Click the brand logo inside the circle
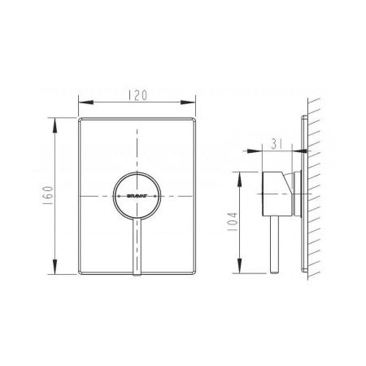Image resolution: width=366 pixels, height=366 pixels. point(136,196)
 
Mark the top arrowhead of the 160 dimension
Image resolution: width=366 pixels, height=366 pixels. point(55,121)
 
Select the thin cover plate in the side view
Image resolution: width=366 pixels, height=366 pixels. point(305,195)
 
